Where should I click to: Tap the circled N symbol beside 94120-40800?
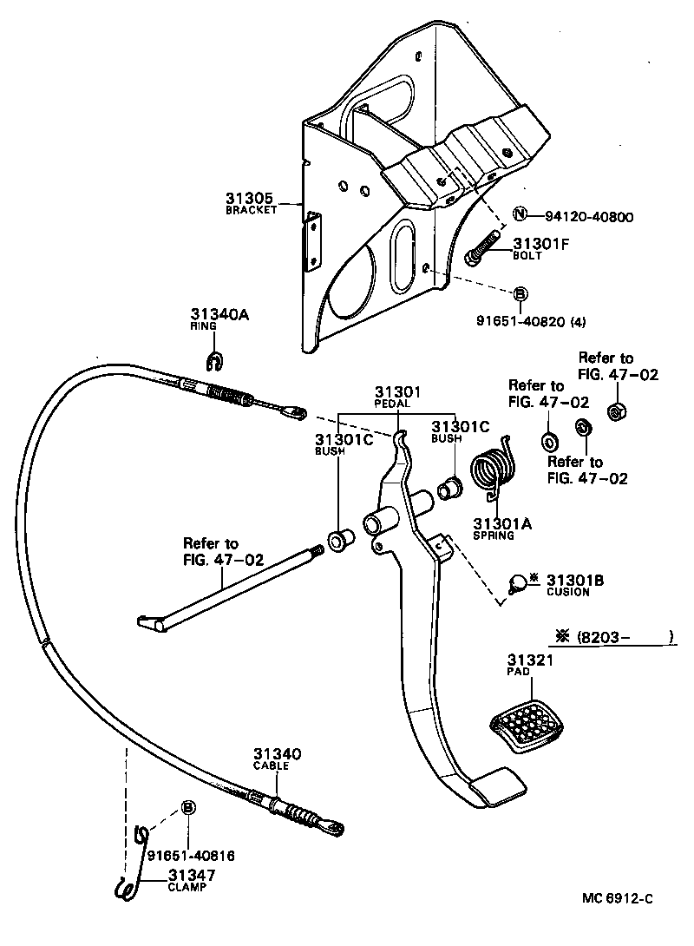(x=520, y=215)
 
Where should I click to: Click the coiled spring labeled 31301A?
(x=493, y=473)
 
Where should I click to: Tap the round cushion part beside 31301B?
(x=516, y=585)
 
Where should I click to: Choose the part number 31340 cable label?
(x=277, y=754)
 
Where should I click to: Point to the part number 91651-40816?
(x=190, y=855)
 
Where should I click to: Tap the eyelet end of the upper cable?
(x=297, y=411)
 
